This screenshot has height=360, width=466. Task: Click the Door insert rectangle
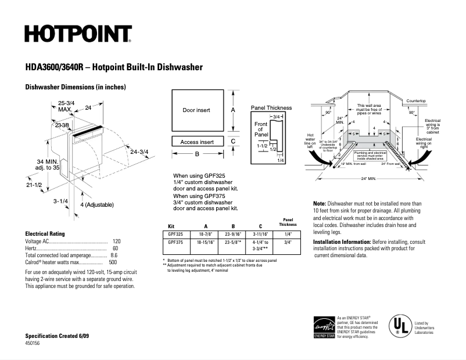(x=196, y=110)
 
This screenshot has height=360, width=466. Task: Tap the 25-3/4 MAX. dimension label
(x=66, y=106)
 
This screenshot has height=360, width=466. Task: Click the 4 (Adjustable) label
(x=96, y=205)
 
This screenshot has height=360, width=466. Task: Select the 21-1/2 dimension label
(x=34, y=185)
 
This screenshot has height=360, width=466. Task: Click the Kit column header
(x=171, y=225)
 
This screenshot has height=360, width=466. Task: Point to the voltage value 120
(x=116, y=241)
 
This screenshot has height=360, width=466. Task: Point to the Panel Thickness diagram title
(x=271, y=108)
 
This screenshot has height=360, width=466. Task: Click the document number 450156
(x=33, y=344)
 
